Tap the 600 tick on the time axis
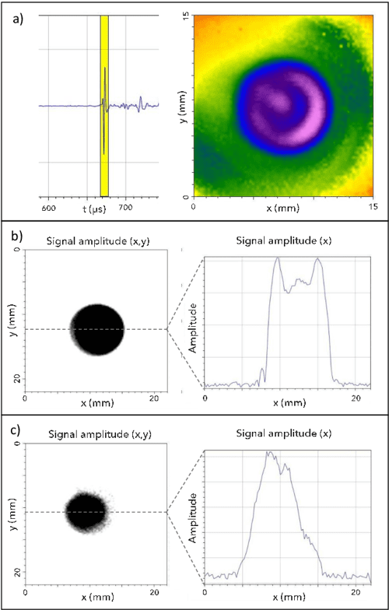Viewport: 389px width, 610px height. [48, 209]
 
